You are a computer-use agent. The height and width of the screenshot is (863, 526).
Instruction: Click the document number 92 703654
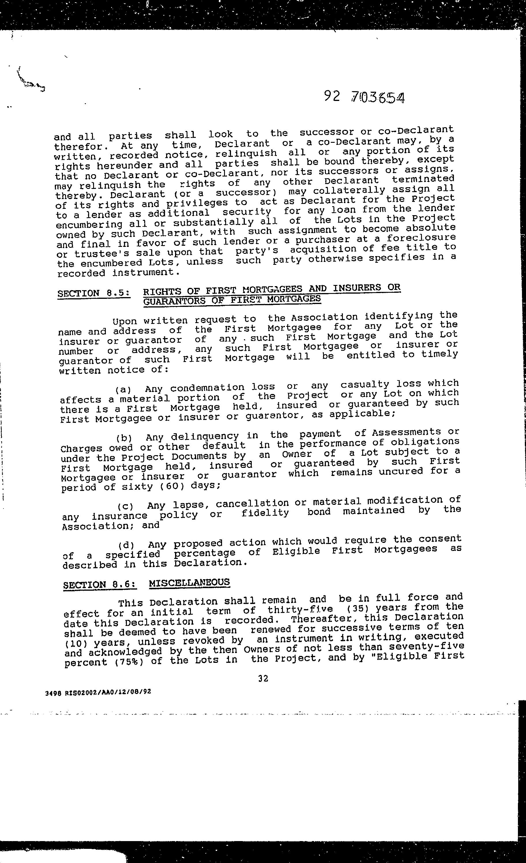click(x=364, y=97)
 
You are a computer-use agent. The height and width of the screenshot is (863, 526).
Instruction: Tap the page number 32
click(x=263, y=678)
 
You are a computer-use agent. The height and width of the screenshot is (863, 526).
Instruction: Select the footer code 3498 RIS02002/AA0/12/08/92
click(x=98, y=692)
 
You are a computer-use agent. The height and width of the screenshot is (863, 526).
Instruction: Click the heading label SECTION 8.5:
click(x=94, y=293)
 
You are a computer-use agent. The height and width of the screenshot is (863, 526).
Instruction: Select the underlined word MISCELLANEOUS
click(x=189, y=582)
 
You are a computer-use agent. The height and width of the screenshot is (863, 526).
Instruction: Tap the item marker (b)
click(x=124, y=438)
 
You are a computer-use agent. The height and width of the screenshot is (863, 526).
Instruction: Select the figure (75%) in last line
click(x=129, y=662)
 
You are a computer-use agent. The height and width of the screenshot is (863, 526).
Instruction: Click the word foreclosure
click(x=421, y=238)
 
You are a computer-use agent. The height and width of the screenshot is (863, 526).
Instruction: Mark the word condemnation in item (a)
click(x=207, y=388)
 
